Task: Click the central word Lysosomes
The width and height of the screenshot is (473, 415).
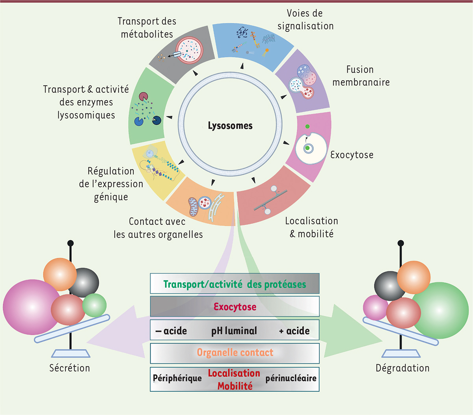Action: point(230,126)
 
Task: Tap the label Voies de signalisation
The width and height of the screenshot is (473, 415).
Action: point(305,20)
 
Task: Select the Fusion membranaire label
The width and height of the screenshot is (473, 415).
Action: point(361,76)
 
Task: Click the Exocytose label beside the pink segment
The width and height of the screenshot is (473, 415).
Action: point(352,155)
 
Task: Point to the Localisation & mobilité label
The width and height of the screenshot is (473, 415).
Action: point(311,227)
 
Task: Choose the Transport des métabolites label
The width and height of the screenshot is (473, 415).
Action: point(147,28)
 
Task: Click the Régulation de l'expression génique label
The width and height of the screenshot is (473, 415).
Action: point(111,184)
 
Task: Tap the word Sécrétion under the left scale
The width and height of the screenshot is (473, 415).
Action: point(70,368)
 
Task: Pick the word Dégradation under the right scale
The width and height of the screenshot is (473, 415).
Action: point(402,368)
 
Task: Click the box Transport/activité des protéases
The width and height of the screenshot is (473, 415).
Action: point(235,284)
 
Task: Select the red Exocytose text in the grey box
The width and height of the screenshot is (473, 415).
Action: point(235,307)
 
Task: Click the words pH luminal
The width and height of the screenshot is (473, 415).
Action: point(234,331)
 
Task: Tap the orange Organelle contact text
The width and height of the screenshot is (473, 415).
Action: point(235,353)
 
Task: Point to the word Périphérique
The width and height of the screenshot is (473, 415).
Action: point(177,378)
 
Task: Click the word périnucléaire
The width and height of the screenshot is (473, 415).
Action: point(291,378)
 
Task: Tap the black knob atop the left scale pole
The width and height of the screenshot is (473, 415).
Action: point(71,243)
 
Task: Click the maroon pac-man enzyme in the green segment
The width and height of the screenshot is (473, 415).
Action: point(143,97)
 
